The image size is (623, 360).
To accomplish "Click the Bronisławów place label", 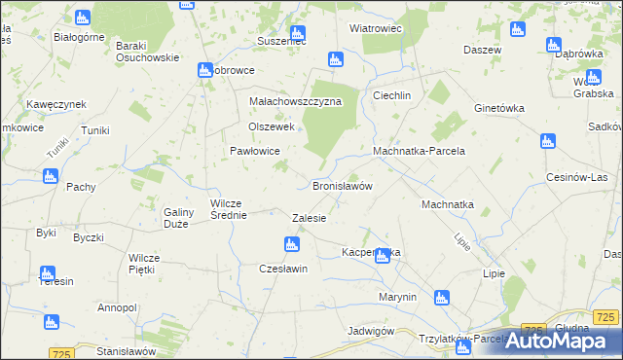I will [x=343, y=186].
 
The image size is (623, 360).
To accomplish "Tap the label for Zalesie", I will [x=309, y=218].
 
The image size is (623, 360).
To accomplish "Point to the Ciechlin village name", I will [x=393, y=95].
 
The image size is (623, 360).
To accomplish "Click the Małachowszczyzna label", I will [x=294, y=101].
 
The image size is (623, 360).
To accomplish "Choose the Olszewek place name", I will [x=271, y=126].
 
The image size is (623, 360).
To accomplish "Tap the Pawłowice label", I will [x=255, y=151].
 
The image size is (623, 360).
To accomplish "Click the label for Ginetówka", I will [x=499, y=108].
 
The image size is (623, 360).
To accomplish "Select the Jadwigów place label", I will [x=370, y=331].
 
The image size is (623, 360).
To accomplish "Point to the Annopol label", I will [x=117, y=307].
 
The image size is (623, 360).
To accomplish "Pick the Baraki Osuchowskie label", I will [x=147, y=51].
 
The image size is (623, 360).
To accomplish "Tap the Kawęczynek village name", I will [x=57, y=104].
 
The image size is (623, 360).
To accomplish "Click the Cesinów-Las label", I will [x=577, y=177].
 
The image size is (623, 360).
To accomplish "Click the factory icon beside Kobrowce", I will [x=204, y=70].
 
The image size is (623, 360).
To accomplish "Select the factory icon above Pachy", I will [x=51, y=176].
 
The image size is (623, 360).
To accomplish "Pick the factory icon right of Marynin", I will [x=441, y=298].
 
